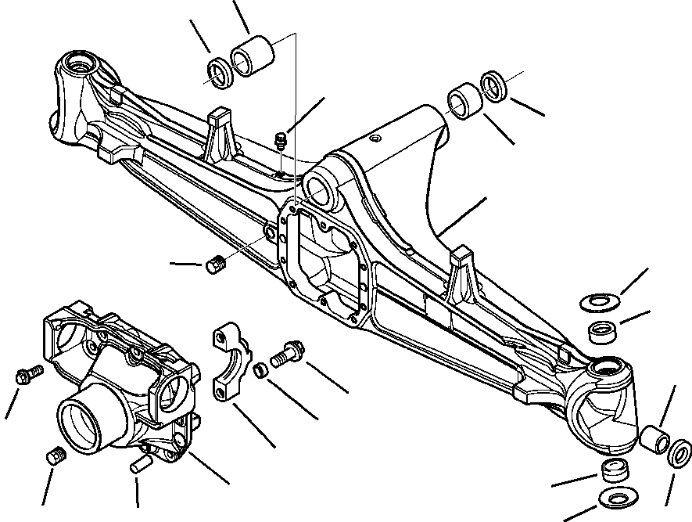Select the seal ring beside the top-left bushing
220,72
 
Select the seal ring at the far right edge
679,454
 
